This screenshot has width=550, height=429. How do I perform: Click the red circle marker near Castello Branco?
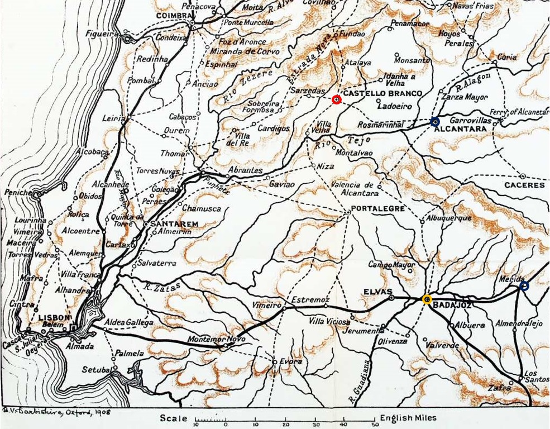(336, 99)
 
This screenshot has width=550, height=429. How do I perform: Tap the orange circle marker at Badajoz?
(427, 299)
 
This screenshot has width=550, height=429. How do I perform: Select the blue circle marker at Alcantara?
(435, 122)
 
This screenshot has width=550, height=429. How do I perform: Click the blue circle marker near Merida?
(524, 285)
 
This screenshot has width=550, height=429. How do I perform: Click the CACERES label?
(524, 185)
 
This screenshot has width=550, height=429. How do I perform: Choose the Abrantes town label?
(245, 170)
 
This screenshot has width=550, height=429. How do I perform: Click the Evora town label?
(291, 361)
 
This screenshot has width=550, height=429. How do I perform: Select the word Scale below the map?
(173, 418)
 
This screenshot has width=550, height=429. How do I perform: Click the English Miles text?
(408, 418)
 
